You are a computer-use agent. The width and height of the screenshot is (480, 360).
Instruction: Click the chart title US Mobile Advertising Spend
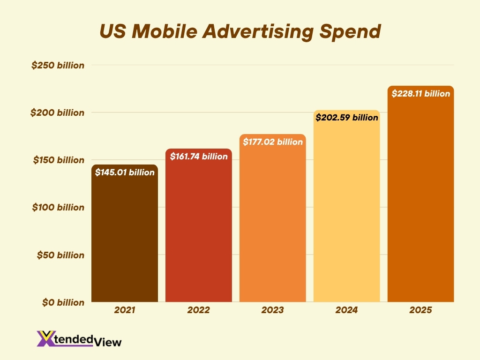pos(240,31)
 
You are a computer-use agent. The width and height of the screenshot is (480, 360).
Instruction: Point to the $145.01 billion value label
pos(125,172)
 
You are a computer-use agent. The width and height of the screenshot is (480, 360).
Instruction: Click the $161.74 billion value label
pos(199,157)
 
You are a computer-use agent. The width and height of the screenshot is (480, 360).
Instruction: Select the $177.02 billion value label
pos(273,142)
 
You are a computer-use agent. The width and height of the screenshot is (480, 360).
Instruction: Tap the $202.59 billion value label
pos(346,118)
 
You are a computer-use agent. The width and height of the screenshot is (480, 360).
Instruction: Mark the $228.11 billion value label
pos(420,94)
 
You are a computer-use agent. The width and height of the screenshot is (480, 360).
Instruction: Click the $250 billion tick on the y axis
pos(58,65)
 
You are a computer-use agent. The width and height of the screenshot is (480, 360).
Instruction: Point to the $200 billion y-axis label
pos(58,112)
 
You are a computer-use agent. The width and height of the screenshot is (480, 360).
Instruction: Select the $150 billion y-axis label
pos(58,160)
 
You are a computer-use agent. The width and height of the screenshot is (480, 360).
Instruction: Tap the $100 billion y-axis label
pos(58,207)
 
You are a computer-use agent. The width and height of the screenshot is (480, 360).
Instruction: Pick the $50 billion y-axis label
pos(60,255)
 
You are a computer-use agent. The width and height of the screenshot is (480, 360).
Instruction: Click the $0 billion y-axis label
pos(63,303)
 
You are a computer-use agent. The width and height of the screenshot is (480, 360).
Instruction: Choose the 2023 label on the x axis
pos(273,310)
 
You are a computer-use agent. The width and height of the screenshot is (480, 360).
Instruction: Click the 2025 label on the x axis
pos(420,310)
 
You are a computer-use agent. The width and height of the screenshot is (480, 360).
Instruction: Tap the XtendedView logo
pos(79,339)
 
